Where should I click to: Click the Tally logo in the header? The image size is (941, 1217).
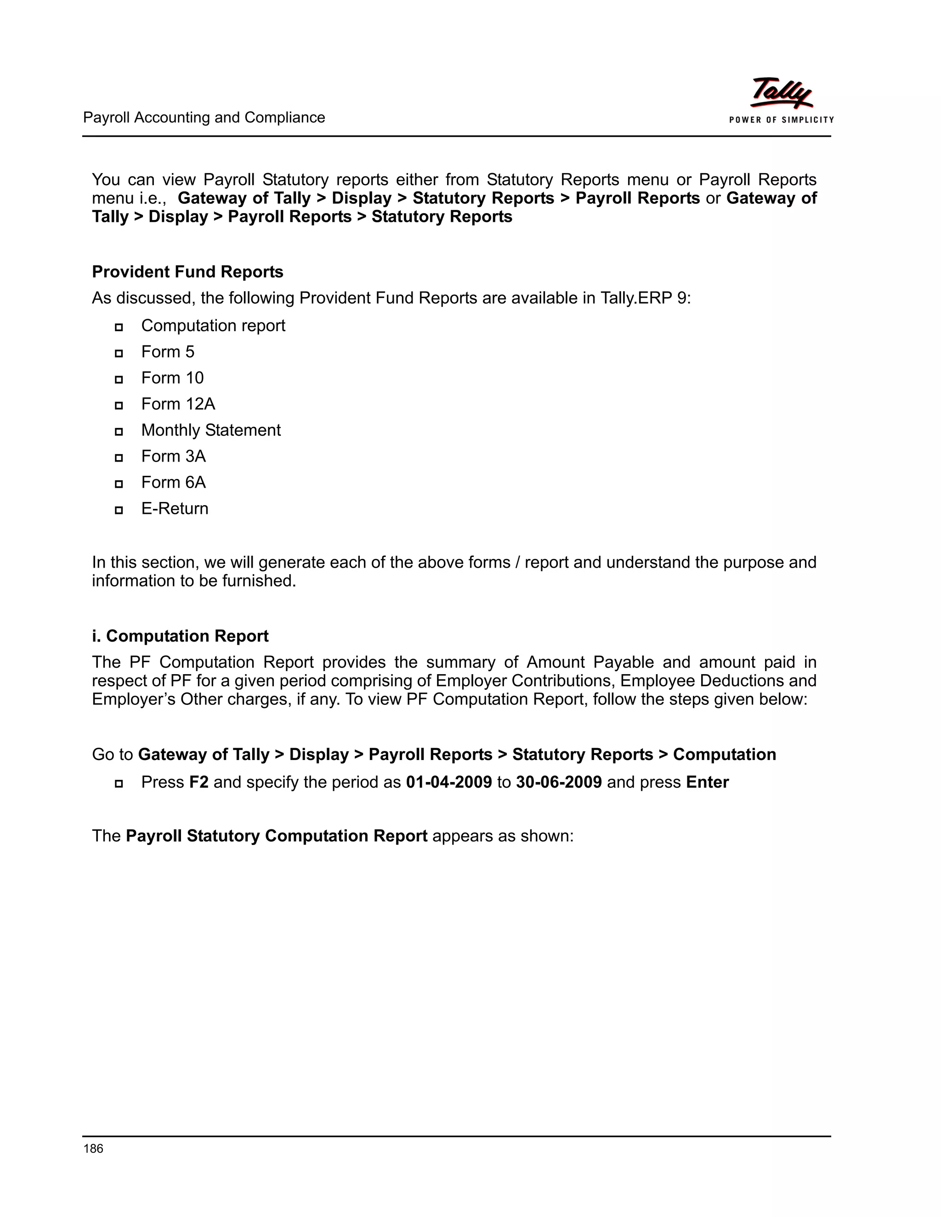(781, 92)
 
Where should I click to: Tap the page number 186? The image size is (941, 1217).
(93, 1148)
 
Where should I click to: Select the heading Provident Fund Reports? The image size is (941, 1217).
(187, 272)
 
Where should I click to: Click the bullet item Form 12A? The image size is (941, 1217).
(178, 404)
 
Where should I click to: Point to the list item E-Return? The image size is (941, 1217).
(175, 508)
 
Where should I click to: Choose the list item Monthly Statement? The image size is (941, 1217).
(211, 430)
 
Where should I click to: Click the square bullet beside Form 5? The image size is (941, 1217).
(119, 353)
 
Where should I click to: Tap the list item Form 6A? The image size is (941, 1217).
(173, 482)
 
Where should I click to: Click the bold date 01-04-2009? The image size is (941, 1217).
(449, 783)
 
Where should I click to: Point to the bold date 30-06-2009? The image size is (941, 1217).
(559, 783)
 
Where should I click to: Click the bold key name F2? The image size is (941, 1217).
(198, 783)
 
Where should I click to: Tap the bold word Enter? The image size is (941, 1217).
(707, 783)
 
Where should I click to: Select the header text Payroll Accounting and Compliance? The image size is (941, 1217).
(204, 118)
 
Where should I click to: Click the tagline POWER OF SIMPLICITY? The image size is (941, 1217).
(781, 120)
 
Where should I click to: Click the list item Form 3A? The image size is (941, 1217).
(173, 456)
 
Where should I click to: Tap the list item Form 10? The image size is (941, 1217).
(172, 378)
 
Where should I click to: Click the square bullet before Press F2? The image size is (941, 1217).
(119, 783)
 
